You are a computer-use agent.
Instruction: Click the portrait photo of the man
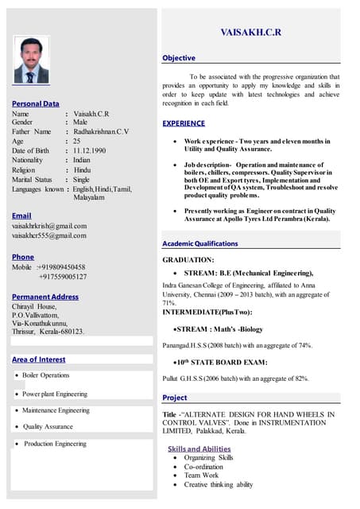(x=31, y=61)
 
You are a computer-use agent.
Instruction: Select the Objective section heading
(x=179, y=58)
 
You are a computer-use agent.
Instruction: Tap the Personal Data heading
(x=35, y=103)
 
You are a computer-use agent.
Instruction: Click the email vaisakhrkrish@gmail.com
(x=48, y=227)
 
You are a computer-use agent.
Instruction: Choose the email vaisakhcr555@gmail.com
(x=48, y=236)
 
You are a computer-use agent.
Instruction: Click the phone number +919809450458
(x=62, y=267)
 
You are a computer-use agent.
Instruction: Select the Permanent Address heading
(x=45, y=297)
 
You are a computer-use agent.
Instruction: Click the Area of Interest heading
(x=38, y=359)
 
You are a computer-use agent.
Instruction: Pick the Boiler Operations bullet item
(x=45, y=375)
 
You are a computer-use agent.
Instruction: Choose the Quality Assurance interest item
(x=48, y=427)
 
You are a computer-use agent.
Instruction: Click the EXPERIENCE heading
(x=184, y=123)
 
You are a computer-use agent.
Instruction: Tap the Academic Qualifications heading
(x=199, y=243)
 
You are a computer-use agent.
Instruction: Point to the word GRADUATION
(x=188, y=259)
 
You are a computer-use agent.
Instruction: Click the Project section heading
(x=175, y=397)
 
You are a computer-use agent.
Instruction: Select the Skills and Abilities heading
(x=199, y=449)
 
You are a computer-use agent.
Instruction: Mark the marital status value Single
(x=81, y=180)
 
